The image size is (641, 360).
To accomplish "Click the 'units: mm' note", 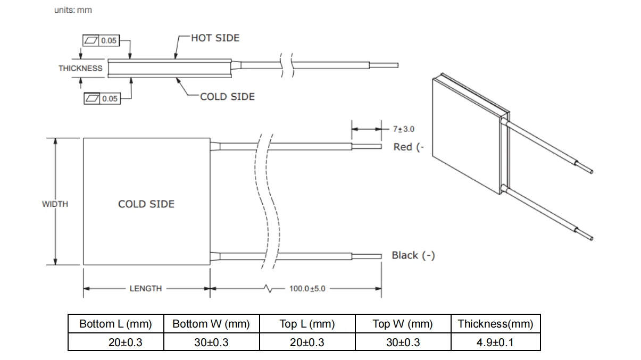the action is [73, 10].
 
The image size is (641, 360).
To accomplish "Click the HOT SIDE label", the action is [215, 38].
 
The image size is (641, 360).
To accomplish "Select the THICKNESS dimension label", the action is [80, 69].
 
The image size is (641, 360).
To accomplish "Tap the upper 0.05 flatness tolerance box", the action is [101, 40].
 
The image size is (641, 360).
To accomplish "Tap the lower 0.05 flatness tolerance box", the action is [102, 98].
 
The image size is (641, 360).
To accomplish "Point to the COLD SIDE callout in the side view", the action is [227, 97].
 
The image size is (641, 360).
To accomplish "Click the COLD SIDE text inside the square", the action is [146, 204].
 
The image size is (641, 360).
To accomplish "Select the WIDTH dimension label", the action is [55, 204].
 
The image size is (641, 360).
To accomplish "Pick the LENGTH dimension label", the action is [146, 288].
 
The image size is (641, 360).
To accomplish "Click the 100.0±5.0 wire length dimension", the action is [307, 288].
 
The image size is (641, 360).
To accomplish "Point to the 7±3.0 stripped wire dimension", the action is [404, 129].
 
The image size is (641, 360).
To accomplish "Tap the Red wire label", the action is [409, 147].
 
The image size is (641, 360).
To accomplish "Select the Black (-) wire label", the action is [413, 255].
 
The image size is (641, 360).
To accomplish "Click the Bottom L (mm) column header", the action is [115, 324].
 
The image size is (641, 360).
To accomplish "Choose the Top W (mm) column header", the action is [403, 324].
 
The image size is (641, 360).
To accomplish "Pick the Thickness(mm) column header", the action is [495, 324].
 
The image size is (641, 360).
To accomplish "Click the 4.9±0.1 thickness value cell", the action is [495, 342].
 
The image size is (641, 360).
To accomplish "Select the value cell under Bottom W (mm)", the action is [212, 342].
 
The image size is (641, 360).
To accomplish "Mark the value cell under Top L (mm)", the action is [307, 342].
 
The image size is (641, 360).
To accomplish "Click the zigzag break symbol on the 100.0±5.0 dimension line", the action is [269, 288].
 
